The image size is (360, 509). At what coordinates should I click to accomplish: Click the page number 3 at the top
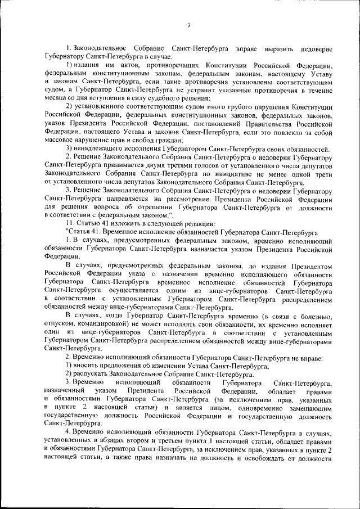pyautogui.click(x=188, y=25)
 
